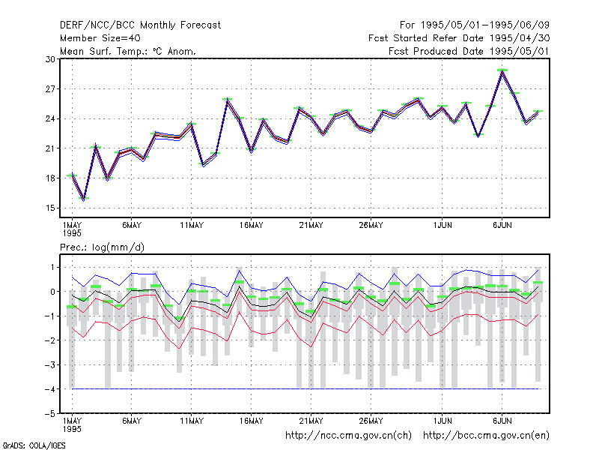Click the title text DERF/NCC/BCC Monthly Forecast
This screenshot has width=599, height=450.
140,25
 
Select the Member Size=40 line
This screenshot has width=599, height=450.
100,38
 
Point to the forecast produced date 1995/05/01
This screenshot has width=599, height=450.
469,51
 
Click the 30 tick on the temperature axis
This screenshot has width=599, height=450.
50,59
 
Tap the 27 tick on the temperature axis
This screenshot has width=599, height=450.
50,89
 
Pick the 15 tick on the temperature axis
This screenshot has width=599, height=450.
50,208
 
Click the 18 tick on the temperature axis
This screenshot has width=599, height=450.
50,178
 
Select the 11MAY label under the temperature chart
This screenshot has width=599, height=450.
192,226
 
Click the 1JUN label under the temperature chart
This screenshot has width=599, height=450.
443,226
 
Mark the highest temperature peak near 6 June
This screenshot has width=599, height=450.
502,70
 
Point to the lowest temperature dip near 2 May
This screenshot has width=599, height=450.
84,198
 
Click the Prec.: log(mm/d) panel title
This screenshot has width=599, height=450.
102,247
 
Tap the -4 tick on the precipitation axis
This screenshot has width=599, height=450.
49,389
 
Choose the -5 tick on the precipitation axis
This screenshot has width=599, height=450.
49,414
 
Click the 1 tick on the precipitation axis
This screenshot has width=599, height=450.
52,267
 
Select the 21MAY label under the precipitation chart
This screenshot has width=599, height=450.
311,421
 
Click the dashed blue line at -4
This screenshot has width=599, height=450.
305,389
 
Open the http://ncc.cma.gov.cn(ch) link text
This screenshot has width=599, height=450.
348,436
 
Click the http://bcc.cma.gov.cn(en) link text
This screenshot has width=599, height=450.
486,436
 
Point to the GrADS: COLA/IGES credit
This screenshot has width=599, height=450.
34,445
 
